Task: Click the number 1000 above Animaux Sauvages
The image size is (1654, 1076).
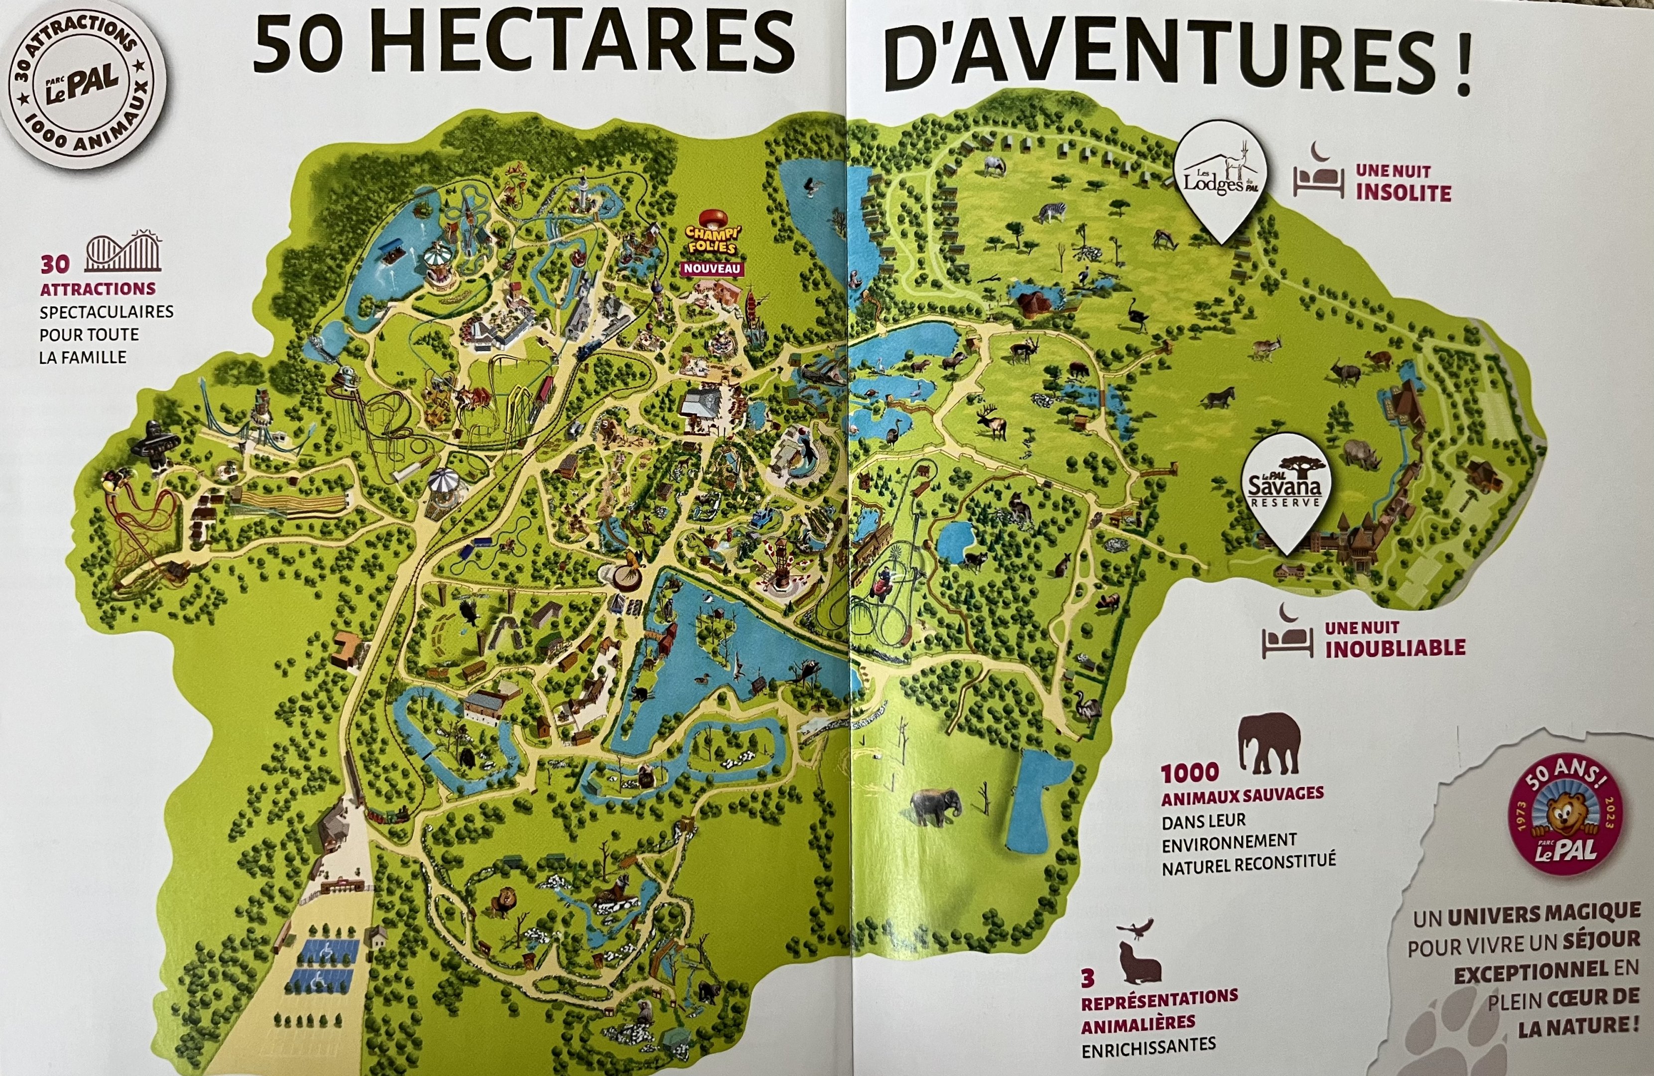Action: pos(1190,772)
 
